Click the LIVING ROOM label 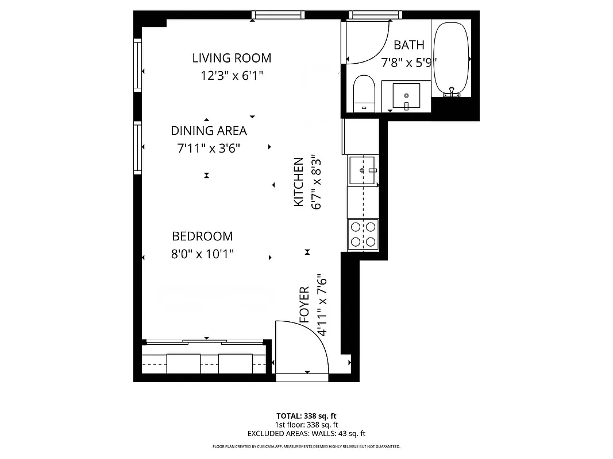point(232,58)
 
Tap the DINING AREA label point(209,131)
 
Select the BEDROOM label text point(202,236)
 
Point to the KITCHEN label point(299,182)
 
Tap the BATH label point(409,45)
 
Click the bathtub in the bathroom point(451,57)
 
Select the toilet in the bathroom point(364,93)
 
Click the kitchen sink point(363,170)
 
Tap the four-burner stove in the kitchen point(363,234)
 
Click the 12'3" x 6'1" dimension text point(232,75)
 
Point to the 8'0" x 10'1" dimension point(202,254)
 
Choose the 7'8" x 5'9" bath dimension point(409,62)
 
